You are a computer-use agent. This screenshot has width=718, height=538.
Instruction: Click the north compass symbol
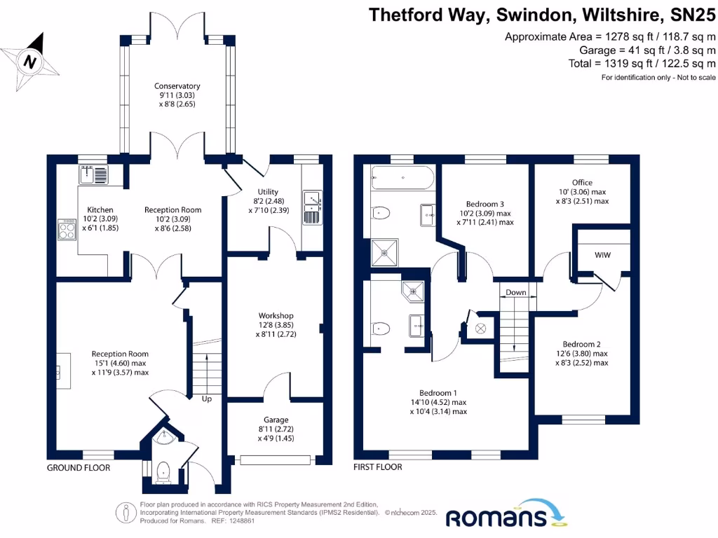click(x=29, y=62)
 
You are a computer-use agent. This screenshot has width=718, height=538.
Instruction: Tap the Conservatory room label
click(x=177, y=86)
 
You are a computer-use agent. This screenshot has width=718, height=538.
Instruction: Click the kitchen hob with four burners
click(x=67, y=230)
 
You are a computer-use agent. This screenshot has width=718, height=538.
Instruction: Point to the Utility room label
click(x=268, y=192)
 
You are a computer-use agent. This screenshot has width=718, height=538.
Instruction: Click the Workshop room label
click(x=276, y=315)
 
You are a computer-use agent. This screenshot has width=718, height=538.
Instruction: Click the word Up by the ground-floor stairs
click(x=207, y=399)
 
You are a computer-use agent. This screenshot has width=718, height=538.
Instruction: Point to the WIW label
click(x=602, y=255)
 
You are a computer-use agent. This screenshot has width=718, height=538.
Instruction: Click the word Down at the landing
click(x=516, y=293)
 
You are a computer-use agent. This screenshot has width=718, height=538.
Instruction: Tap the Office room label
click(x=582, y=183)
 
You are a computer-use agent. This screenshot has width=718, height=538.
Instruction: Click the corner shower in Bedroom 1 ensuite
click(x=414, y=288)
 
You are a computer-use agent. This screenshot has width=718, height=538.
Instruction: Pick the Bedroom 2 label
click(x=581, y=344)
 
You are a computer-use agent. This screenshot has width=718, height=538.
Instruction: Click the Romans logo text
click(x=496, y=517)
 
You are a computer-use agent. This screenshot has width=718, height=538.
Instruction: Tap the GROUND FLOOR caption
click(x=79, y=468)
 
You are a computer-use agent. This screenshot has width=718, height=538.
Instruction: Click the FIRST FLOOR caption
click(x=379, y=467)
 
